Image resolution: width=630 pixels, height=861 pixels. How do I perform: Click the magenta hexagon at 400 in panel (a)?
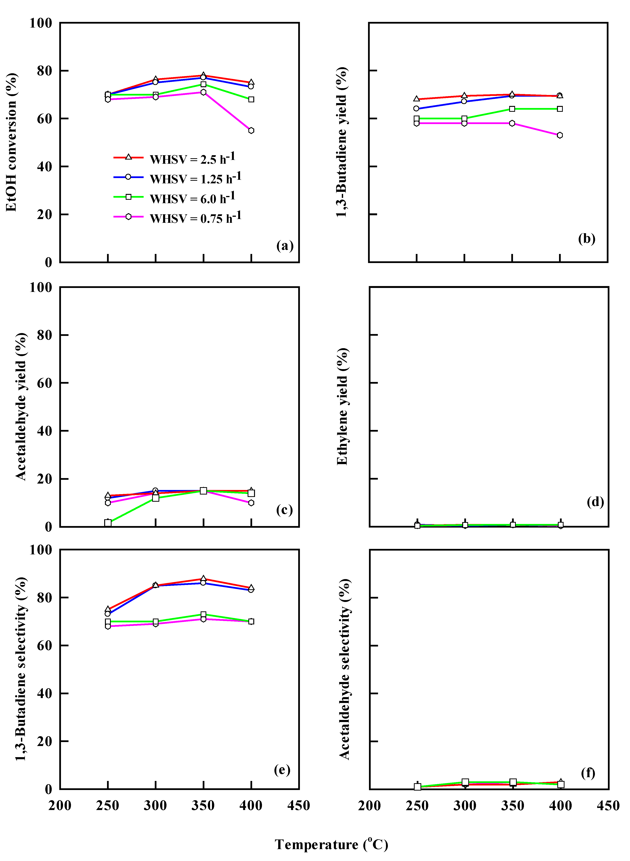point(251,130)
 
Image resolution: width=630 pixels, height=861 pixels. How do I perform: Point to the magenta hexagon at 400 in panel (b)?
point(559,135)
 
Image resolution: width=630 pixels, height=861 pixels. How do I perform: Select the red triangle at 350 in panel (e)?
point(203,579)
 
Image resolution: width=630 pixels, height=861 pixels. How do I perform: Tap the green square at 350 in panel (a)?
point(203,84)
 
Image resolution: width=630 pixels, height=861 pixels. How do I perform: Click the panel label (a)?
point(284,245)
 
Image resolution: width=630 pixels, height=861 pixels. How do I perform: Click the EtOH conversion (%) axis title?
point(12,142)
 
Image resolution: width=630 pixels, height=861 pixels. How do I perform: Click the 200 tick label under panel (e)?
point(60,806)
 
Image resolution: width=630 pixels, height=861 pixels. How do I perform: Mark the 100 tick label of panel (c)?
point(40,287)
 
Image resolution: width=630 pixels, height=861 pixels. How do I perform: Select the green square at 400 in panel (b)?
point(559,109)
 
